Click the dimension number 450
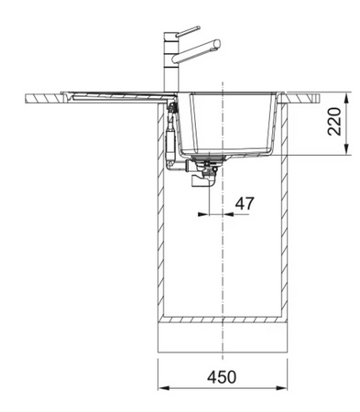pos(222,376)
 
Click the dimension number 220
pos(334,121)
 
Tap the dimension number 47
pos(245,203)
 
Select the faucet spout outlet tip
pos(217,43)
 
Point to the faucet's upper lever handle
pos(188,31)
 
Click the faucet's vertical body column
pos(170,63)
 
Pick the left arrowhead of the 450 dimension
pos(163,388)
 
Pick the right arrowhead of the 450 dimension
pos(282,388)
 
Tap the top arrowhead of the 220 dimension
pos(346,98)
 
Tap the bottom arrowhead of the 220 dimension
pos(346,149)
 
